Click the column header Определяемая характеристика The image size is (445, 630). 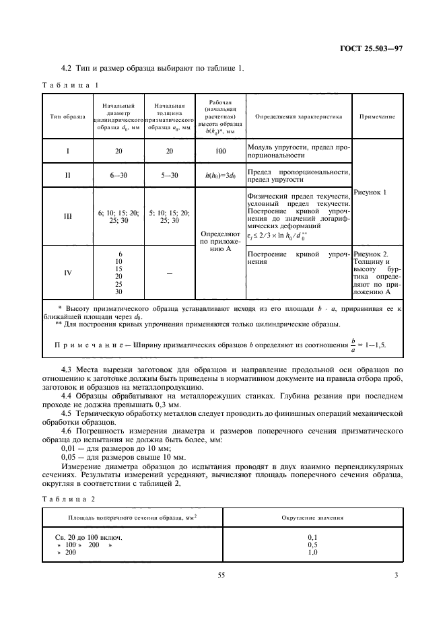298,116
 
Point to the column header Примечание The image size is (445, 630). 377,116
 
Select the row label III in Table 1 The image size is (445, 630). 67,216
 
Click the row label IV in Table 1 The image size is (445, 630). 67,273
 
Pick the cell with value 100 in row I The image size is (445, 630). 220,151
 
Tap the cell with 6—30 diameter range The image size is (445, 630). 118,176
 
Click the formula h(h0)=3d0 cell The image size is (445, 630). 220,176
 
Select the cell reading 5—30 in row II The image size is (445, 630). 169,176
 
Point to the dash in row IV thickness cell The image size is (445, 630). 169,273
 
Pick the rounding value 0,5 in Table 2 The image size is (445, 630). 312,545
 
